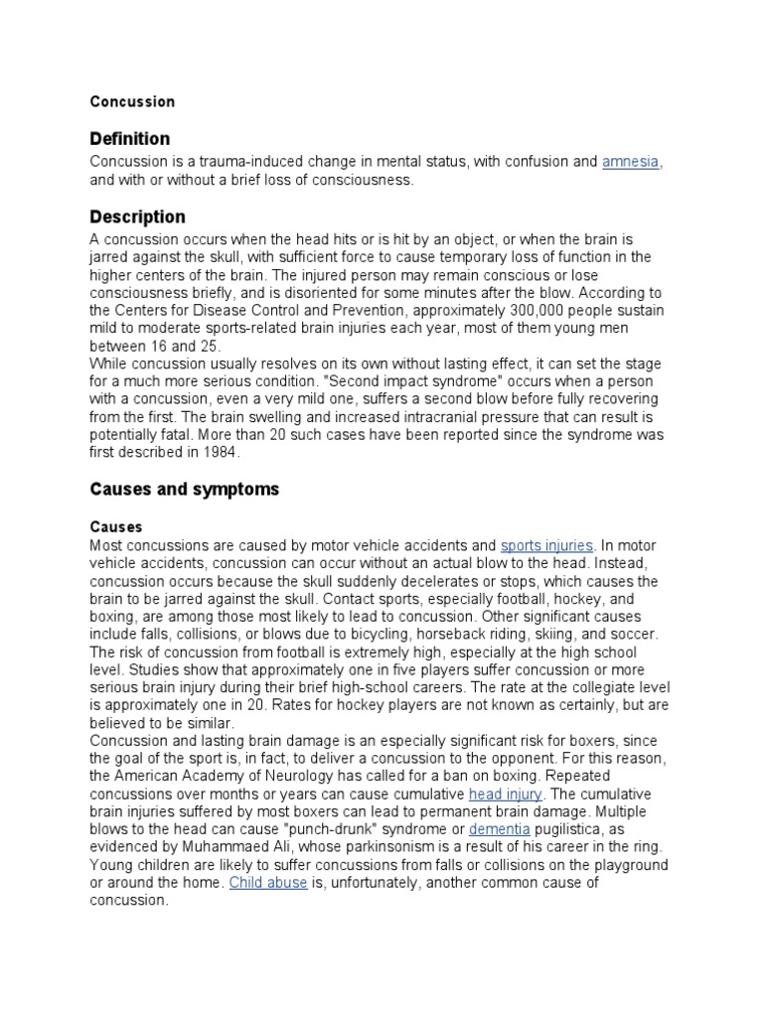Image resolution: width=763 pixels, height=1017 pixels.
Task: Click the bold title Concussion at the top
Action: point(132,101)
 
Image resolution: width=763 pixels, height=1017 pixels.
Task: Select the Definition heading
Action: point(129,138)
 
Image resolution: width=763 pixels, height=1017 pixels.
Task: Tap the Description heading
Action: point(137,217)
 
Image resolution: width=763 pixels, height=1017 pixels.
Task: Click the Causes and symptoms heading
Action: point(185,489)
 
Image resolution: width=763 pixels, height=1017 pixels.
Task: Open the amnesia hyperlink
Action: point(631,162)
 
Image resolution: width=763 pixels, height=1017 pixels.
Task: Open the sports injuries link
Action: point(546,545)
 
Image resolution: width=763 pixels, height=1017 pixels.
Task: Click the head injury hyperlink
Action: point(506,794)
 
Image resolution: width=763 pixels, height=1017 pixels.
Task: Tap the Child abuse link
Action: point(267,883)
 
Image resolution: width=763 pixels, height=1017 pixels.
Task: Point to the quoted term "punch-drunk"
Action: point(321,829)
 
